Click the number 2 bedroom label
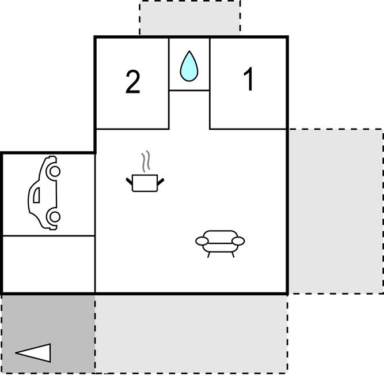point(133,82)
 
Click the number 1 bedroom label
point(248,79)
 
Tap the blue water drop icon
point(189,66)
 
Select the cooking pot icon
point(145,183)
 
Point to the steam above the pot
point(146,161)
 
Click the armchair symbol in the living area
point(220,243)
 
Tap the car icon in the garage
point(44,193)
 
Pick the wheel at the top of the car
point(55,171)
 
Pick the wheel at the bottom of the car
point(55,217)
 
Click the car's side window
point(36,195)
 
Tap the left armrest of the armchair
point(202,241)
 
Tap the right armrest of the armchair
point(238,241)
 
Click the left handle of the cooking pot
point(130,182)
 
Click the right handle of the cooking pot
point(161,182)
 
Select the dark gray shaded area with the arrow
point(48,334)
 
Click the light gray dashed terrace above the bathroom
point(190,18)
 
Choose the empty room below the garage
point(48,264)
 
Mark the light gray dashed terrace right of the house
point(336,211)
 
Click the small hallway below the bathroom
point(189,110)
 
